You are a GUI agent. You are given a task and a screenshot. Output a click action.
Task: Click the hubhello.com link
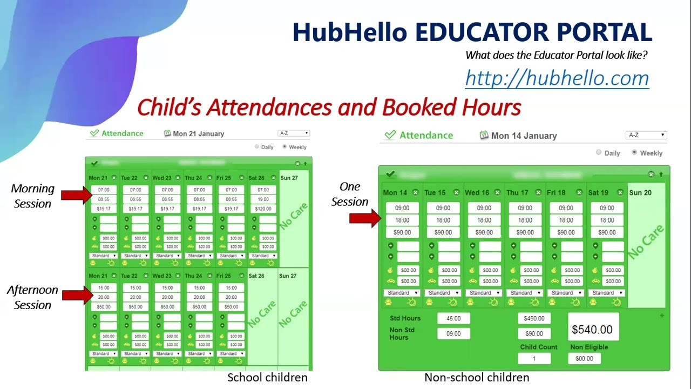pos(557,78)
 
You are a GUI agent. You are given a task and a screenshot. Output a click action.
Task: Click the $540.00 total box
pos(592,329)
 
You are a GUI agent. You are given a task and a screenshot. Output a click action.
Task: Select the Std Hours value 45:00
pos(453,319)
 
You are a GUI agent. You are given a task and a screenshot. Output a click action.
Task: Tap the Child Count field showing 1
pos(534,358)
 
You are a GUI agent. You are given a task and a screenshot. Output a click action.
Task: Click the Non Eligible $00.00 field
pos(584,358)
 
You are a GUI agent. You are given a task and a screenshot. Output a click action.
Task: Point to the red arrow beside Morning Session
pos(76,194)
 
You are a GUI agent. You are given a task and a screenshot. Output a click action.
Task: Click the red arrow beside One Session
pos(365,218)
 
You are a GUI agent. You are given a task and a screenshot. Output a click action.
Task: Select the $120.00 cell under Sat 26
pos(263,209)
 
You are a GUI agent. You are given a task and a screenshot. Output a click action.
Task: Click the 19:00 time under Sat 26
pos(263,199)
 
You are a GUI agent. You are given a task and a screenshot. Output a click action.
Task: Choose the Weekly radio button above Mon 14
pos(634,152)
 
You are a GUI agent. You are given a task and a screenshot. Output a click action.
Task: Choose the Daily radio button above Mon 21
pos(257,146)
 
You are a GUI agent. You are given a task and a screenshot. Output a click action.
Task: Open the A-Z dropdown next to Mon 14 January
pos(646,135)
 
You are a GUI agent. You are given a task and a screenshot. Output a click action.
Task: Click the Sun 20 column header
pos(640,192)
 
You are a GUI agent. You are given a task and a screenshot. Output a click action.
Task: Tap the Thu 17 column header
pos(518,192)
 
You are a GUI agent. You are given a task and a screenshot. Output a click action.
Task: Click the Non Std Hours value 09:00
pos(453,334)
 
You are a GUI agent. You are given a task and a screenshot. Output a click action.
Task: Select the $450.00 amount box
pos(534,319)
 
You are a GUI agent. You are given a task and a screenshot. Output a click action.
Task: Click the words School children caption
pos(267,378)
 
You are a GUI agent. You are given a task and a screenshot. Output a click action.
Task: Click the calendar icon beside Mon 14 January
pos(484,135)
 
